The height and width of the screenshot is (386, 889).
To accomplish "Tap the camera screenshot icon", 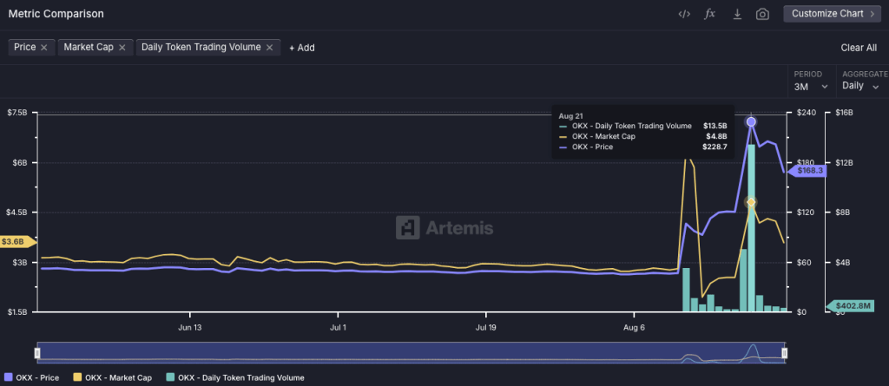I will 762,14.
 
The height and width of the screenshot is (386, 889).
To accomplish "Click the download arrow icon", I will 736,14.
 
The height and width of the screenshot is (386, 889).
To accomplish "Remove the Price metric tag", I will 44,47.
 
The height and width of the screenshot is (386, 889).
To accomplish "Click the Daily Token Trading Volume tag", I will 201,47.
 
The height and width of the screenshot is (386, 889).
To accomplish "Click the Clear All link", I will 859,48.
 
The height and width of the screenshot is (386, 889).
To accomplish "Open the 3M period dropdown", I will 811,86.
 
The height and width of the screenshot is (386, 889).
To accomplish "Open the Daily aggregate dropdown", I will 860,86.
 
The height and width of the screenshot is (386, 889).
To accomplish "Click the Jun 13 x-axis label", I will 190,328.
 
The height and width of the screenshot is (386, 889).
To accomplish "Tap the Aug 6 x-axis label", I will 635,328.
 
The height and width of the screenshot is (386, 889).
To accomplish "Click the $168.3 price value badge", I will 808,171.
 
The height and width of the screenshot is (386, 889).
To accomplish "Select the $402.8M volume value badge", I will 853,305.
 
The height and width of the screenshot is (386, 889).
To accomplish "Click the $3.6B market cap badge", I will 15,241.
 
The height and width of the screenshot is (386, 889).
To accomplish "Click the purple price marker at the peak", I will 751,122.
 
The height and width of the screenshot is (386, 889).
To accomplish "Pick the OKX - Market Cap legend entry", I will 118,377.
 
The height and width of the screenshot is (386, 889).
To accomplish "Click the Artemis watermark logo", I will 444,228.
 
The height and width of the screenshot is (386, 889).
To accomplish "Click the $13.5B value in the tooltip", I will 715,126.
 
